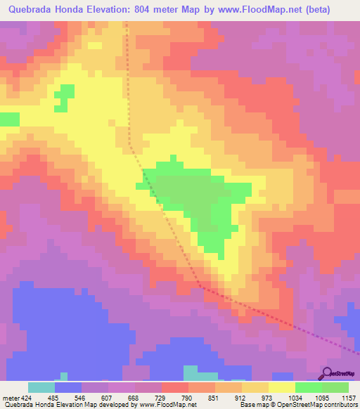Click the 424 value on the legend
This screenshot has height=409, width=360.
click(27, 397)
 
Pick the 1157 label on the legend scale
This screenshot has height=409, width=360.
click(349, 397)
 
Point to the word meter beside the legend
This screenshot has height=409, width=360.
click(10, 397)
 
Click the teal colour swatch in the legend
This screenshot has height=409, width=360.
click(41, 387)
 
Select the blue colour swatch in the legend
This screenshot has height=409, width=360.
click(68, 387)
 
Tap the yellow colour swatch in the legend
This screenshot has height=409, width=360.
click(282, 387)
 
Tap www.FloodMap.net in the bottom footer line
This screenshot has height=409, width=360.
click(167, 405)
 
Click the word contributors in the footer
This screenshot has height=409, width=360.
click(340, 405)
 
